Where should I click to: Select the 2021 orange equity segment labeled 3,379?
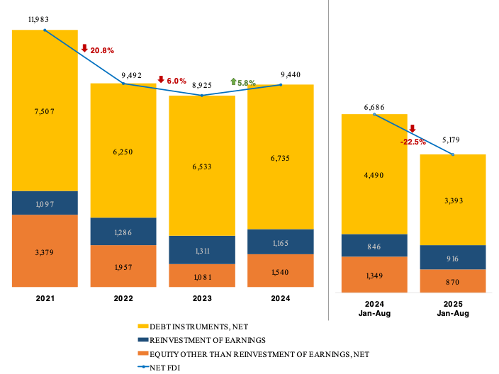[x=44, y=251]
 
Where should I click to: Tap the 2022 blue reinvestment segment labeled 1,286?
[x=123, y=232]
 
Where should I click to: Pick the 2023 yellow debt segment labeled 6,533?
[x=202, y=166]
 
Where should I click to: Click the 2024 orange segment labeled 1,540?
[x=281, y=271]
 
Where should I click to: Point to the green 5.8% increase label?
[x=243, y=83]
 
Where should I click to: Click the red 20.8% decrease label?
[x=98, y=50]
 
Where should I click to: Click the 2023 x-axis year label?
[x=202, y=298]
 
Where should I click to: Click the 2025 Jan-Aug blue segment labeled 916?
[x=453, y=258]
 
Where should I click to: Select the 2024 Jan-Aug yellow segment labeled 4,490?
[x=374, y=175]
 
